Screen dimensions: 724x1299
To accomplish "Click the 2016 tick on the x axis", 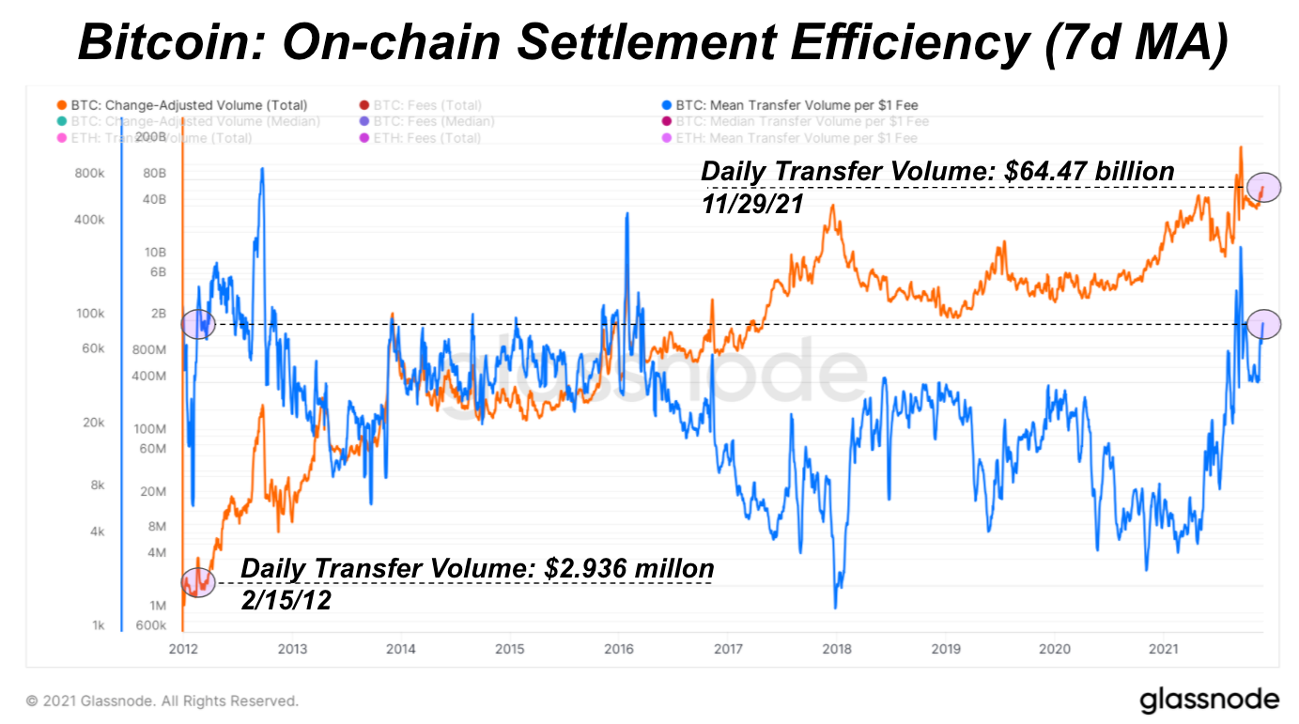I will [618, 648].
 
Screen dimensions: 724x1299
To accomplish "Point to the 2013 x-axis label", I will [292, 648].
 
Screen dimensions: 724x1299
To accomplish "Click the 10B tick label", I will [154, 252].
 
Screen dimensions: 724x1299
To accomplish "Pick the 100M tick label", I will [150, 428].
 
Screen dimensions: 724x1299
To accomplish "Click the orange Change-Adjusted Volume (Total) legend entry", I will [188, 105].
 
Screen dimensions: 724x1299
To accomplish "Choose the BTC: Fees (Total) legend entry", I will [425, 105].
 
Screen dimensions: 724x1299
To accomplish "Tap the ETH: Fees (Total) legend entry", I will [425, 138].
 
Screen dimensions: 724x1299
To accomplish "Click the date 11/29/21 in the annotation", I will [752, 203].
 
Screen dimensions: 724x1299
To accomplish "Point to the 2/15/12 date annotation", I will [286, 600].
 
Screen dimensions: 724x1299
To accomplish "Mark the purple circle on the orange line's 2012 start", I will [199, 582].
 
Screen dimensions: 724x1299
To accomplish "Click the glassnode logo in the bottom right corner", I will [1209, 700].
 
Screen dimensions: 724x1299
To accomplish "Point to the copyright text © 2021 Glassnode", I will [162, 701].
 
